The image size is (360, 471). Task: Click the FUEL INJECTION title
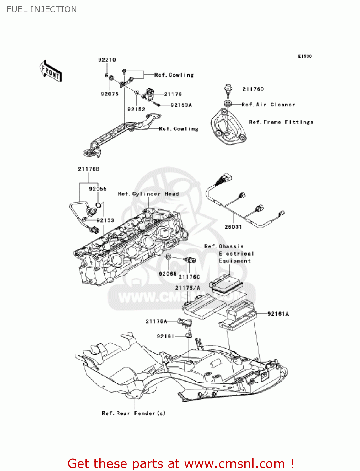tap(42, 9)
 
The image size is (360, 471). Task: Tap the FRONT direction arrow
tap(51, 71)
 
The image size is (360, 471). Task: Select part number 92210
tap(107, 60)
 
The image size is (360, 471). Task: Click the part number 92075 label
tap(110, 94)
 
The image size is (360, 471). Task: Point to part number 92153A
tap(181, 105)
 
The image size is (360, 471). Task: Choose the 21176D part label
tap(253, 89)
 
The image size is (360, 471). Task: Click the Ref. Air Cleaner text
tap(268, 105)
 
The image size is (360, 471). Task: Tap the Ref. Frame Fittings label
tap(281, 122)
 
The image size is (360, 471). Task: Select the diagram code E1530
tap(305, 56)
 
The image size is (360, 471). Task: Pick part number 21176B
tap(89, 169)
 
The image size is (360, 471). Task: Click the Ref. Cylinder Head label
tap(148, 194)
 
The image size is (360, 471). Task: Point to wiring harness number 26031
tap(233, 227)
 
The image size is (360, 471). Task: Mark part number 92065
tap(168, 274)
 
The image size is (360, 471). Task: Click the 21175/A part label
tap(187, 288)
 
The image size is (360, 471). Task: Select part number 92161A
tap(278, 314)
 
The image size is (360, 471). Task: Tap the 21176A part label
tap(156, 321)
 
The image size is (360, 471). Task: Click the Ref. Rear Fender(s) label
tap(133, 413)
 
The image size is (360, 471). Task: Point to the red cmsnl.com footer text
tap(180, 463)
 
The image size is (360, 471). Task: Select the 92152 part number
tap(136, 109)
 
